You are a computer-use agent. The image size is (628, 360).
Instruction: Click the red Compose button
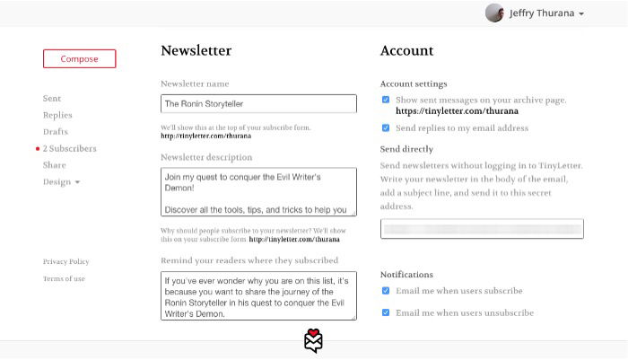79,59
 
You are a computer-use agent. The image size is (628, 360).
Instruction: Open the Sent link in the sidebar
52,98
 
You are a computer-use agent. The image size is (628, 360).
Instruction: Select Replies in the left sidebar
57,115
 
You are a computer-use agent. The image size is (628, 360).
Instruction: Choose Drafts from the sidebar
56,132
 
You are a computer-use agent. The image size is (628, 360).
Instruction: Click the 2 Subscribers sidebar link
69,149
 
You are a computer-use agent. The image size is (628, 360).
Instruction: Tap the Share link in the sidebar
54,165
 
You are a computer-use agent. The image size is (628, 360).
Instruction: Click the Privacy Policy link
65,261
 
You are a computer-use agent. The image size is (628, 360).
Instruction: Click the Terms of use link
64,279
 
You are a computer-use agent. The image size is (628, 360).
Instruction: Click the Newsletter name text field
258,104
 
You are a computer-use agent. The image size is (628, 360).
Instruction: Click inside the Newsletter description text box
258,191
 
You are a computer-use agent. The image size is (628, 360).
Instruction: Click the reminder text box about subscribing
258,295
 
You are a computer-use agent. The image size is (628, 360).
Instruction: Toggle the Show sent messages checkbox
386,100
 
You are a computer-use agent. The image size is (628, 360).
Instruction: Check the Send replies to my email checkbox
386,128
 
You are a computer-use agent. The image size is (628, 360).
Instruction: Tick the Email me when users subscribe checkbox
386,291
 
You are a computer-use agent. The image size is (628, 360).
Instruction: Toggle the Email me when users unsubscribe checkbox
386,312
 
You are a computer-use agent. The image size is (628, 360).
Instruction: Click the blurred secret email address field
482,229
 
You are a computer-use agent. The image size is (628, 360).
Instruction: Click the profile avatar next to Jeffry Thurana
494,13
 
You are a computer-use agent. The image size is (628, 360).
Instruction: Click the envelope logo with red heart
313,341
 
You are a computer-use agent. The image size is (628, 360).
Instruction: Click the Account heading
406,51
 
